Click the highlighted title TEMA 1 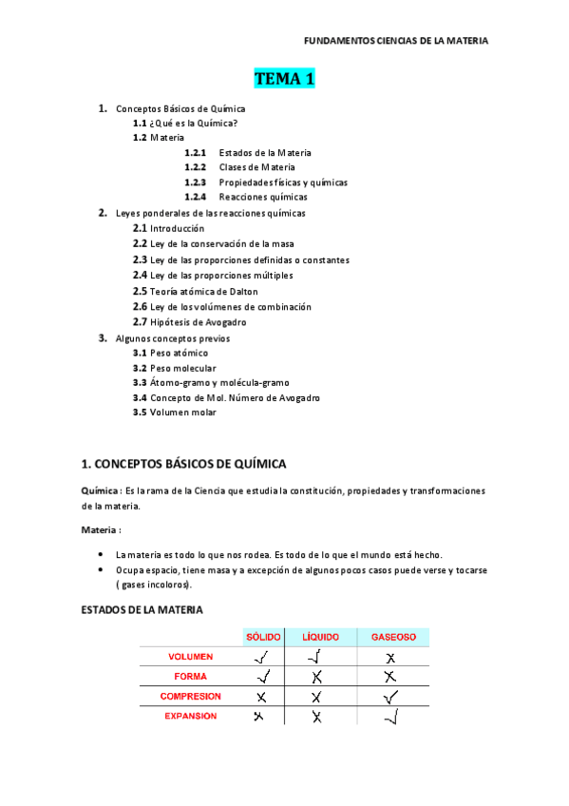point(284,79)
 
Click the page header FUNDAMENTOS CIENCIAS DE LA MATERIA point(395,41)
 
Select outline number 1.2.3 point(196,182)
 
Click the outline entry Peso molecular point(182,368)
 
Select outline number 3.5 point(140,413)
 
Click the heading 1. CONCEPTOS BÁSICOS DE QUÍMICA point(184,464)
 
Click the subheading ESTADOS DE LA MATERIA point(142,609)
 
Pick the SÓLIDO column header point(263,637)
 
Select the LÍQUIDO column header point(321,637)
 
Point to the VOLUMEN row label point(190,657)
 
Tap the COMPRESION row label point(190,697)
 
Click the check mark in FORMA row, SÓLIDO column point(263,677)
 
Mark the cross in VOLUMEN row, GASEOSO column point(389,657)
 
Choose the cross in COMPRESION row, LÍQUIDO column point(317,697)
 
